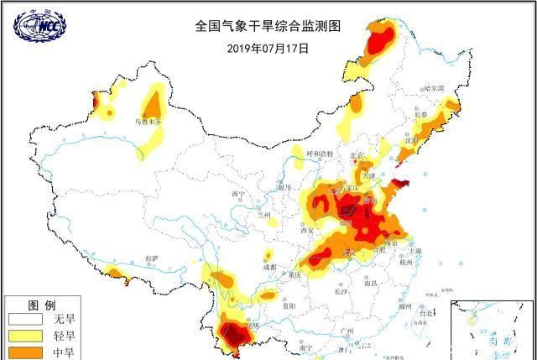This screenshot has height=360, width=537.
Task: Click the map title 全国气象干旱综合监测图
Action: tap(268, 26)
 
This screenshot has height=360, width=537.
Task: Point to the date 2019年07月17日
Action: tap(268, 48)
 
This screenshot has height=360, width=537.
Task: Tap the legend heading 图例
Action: tap(41, 305)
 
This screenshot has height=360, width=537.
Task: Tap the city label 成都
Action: tap(268, 267)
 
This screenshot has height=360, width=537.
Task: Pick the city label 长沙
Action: tap(340, 292)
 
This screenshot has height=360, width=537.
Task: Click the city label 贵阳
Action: tap(289, 307)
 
